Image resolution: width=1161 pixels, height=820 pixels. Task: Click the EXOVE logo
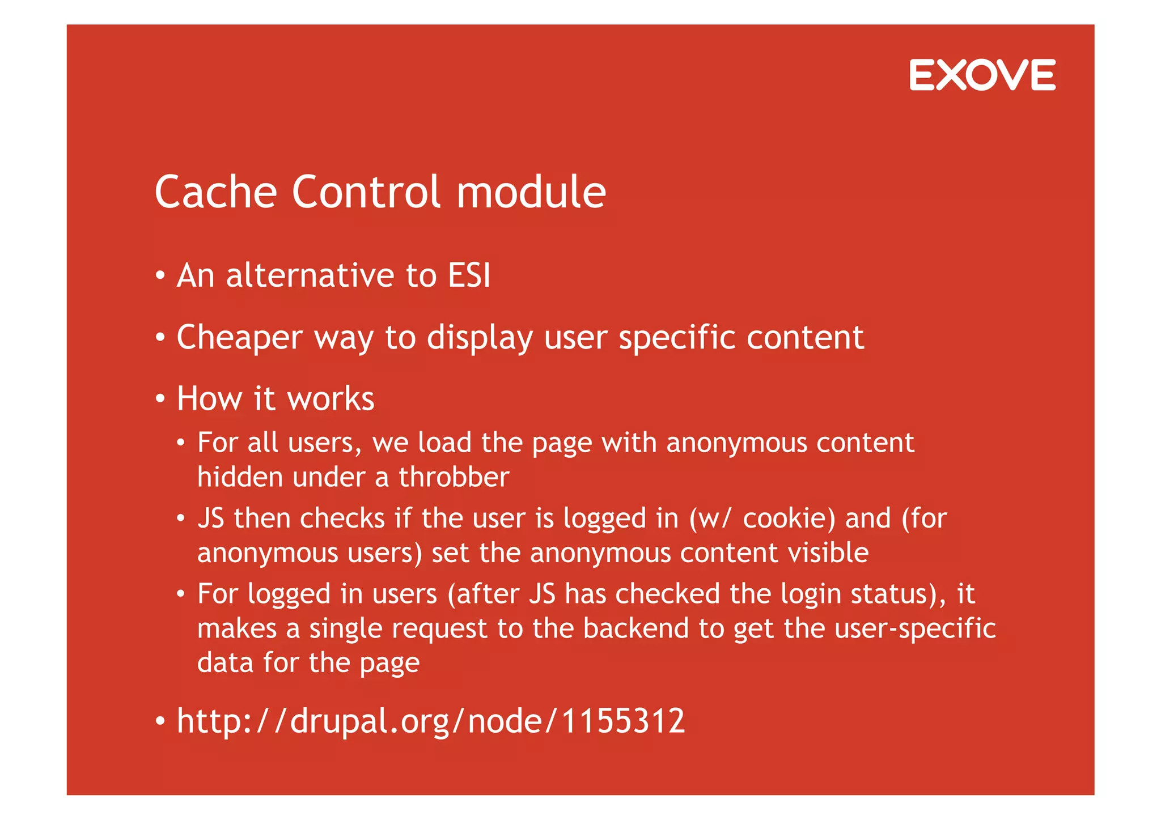[982, 75]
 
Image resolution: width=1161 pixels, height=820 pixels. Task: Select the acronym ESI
[469, 275]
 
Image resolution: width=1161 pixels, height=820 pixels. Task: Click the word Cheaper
[240, 338]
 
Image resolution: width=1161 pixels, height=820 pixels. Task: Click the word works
[331, 398]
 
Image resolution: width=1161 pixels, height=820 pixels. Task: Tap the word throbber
[454, 477]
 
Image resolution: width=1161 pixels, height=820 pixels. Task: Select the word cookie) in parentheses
[789, 519]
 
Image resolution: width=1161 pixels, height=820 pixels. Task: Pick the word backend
[635, 628]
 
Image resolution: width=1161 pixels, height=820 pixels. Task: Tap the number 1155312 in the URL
[623, 721]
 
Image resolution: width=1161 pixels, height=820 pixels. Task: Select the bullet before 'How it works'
[160, 399]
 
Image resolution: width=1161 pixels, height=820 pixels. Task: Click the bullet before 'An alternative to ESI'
[160, 276]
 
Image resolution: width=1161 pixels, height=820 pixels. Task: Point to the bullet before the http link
[160, 721]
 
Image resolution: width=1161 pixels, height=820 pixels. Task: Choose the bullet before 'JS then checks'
[180, 519]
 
